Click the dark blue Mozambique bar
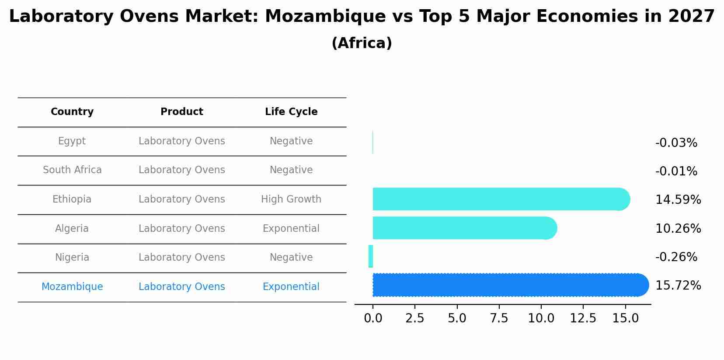(x=507, y=285)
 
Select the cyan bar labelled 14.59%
(x=498, y=199)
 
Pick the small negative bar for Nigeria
(x=371, y=256)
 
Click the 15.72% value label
(x=678, y=286)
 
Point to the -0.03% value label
(x=676, y=143)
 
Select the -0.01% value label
(x=676, y=171)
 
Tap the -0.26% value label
(x=676, y=257)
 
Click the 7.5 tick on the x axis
(x=499, y=318)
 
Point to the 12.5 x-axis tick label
(x=583, y=318)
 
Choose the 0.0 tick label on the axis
(x=373, y=318)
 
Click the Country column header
(x=72, y=112)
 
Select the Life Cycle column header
(x=291, y=112)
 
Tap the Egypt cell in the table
(x=72, y=141)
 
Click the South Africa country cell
(x=72, y=170)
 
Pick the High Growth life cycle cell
(x=291, y=199)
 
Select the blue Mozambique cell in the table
(x=72, y=287)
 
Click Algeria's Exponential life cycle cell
(x=291, y=229)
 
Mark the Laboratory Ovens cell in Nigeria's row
(x=182, y=258)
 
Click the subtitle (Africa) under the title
(x=362, y=43)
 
